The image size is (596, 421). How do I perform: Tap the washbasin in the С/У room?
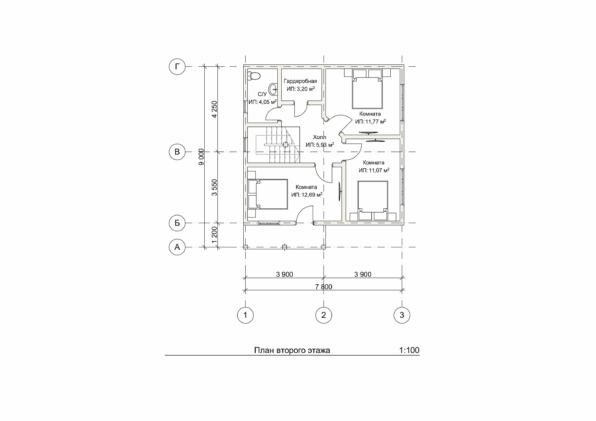[273, 88]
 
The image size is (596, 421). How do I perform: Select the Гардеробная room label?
[300, 81]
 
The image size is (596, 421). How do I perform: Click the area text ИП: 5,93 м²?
[320, 144]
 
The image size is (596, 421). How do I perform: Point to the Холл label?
[320, 137]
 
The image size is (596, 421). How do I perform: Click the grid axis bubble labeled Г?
[177, 67]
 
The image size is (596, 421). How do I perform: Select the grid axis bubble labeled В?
[177, 152]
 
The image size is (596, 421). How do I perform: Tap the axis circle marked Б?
[177, 223]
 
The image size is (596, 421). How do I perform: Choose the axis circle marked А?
[177, 247]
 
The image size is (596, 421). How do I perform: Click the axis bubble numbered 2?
[324, 315]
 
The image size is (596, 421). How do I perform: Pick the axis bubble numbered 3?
[402, 315]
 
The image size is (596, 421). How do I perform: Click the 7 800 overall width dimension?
[324, 287]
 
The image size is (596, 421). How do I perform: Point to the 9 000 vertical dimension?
[201, 157]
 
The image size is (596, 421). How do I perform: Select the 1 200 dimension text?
[214, 235]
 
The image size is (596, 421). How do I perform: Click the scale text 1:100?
[409, 350]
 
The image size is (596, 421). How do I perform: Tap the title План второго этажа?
[292, 351]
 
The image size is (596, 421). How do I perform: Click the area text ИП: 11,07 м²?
[374, 170]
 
